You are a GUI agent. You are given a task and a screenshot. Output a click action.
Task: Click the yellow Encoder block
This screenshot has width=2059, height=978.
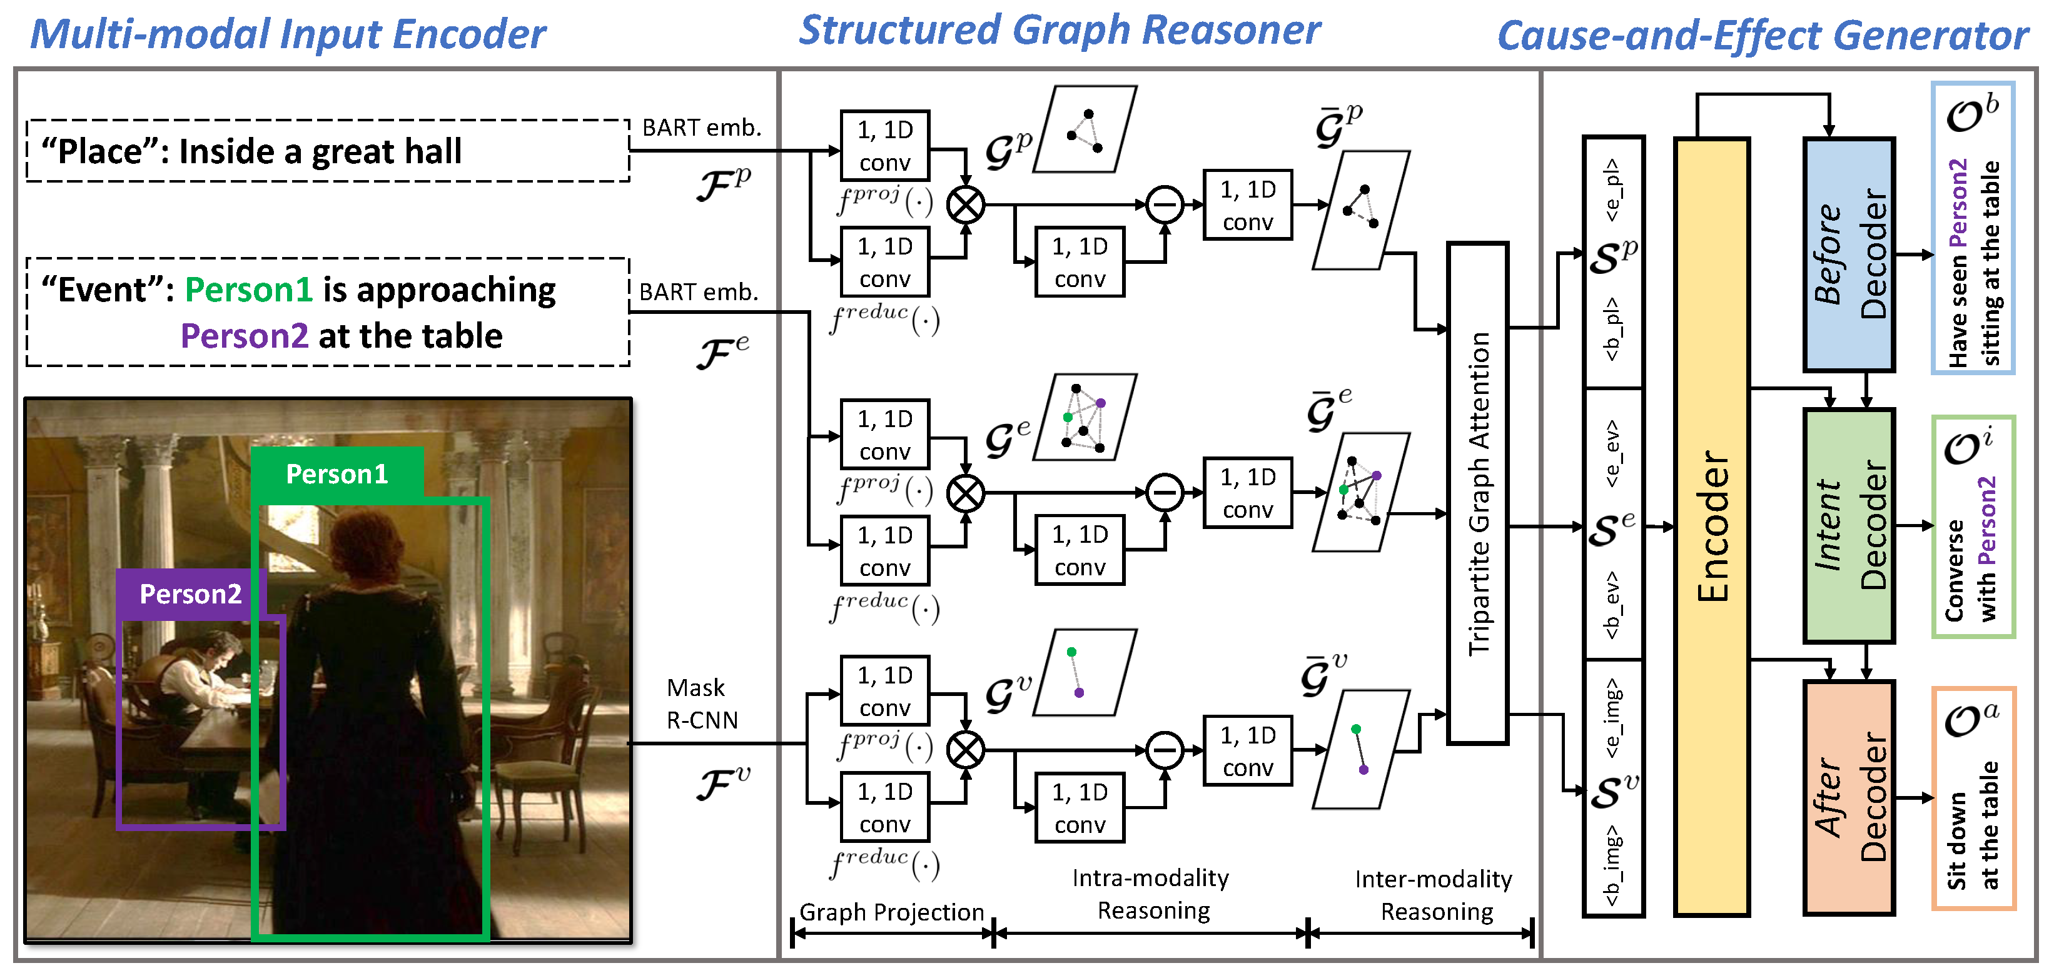1711,527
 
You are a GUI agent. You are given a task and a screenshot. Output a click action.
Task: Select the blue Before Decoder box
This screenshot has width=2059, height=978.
1849,254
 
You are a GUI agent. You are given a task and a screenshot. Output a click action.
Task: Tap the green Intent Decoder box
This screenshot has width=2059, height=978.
1849,525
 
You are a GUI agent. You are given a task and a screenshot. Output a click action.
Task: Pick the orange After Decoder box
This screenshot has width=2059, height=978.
1849,797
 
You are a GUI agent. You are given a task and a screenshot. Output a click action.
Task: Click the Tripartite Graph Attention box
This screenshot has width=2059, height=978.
1478,493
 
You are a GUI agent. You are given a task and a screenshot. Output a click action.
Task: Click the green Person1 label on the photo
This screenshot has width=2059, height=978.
337,474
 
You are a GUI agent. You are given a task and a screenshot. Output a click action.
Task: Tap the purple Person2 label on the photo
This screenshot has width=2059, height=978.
190,593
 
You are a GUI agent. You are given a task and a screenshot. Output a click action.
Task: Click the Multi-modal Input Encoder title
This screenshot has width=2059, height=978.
288,35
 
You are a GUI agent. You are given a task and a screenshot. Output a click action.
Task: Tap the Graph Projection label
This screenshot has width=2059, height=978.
891,912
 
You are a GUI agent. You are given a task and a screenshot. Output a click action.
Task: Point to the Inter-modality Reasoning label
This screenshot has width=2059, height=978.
1435,895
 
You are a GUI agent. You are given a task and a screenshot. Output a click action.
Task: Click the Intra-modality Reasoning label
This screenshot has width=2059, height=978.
1152,894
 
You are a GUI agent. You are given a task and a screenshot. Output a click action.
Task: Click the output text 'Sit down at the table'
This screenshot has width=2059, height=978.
1973,825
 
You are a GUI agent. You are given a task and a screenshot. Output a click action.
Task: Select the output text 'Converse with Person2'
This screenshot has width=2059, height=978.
1971,549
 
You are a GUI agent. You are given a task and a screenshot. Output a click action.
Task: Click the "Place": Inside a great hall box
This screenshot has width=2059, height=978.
328,151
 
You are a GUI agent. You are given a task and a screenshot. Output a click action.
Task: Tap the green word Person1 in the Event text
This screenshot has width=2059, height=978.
248,290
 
